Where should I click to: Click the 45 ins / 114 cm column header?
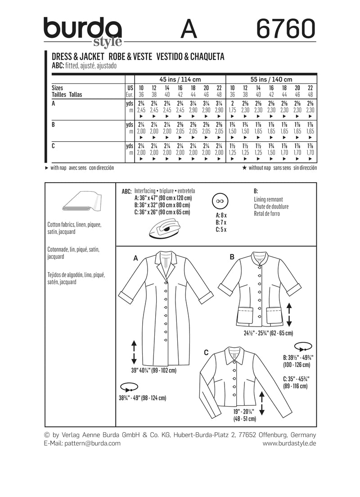pyautogui.click(x=181, y=79)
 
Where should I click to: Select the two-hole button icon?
pyautogui.click(x=220, y=200)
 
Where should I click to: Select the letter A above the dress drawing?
pyautogui.click(x=135, y=258)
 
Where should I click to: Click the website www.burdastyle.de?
pyautogui.click(x=289, y=443)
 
